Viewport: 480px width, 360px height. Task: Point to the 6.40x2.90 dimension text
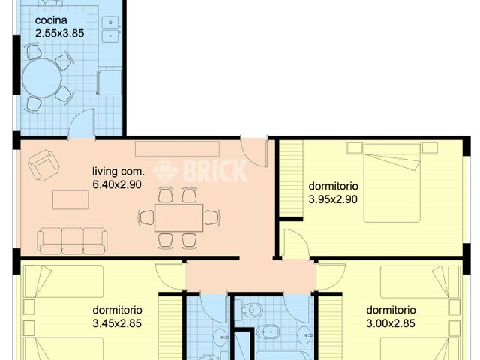pyautogui.click(x=117, y=184)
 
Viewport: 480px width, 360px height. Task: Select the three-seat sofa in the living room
pyautogui.click(x=73, y=240)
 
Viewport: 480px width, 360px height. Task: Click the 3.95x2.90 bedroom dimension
pyautogui.click(x=334, y=199)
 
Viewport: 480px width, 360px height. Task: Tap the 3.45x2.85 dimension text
pyautogui.click(x=117, y=324)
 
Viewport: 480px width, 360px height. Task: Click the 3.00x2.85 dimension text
pyautogui.click(x=390, y=324)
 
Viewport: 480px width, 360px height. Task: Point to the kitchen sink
pyautogui.click(x=112, y=28)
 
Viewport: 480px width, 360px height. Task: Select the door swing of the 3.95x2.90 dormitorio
pyautogui.click(x=295, y=244)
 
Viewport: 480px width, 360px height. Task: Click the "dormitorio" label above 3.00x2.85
pyautogui.click(x=390, y=310)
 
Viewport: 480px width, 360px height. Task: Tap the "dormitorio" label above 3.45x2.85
pyautogui.click(x=117, y=310)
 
